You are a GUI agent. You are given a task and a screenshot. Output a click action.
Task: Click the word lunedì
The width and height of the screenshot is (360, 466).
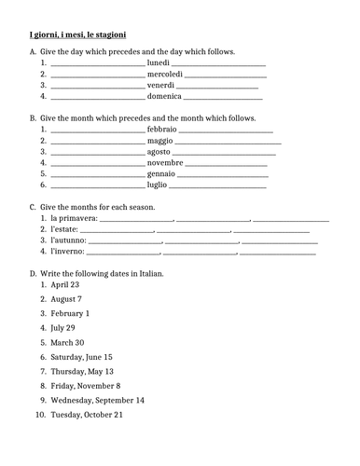159,62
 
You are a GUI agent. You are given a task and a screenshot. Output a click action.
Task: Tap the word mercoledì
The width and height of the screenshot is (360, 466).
165,74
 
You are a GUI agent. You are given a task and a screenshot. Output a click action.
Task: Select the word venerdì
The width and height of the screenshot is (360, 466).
160,85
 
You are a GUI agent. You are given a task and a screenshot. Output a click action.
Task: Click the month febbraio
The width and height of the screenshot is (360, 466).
162,130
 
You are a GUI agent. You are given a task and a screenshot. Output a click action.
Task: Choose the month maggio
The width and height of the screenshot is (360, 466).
160,141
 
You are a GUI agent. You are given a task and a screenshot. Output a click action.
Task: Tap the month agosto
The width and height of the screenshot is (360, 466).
159,151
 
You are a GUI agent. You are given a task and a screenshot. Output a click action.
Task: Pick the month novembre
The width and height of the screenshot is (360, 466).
165,162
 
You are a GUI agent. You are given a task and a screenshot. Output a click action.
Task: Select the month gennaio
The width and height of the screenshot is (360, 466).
161,173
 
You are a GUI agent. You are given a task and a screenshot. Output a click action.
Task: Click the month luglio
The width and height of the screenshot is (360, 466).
157,185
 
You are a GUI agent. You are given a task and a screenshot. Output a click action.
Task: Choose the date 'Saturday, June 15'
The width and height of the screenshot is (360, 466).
81,357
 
